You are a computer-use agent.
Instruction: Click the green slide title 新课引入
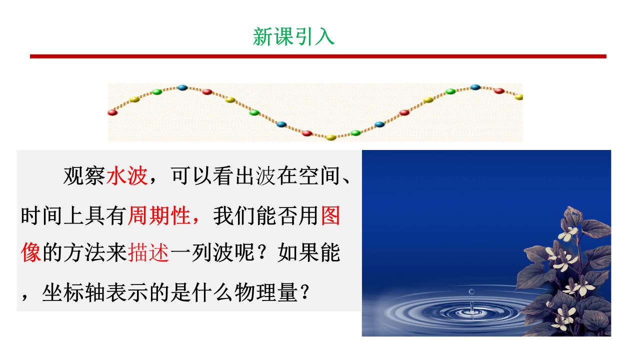293,36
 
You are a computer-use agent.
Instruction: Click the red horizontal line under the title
318,56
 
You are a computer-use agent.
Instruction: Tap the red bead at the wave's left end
112,112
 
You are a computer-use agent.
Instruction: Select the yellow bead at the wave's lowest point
331,137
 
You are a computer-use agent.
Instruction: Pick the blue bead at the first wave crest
182,87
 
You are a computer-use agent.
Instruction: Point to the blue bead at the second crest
475,87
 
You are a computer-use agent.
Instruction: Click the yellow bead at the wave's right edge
519,97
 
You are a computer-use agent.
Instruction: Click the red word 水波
127,175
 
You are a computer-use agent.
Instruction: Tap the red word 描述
148,252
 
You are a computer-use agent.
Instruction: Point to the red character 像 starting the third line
31,252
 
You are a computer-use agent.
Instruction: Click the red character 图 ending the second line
330,215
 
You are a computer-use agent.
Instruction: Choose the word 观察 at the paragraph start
84,175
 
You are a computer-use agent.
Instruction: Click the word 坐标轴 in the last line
73,292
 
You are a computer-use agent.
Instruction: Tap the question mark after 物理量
305,292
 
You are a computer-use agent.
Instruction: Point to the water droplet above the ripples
471,291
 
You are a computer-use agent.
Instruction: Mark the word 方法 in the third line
84,252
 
